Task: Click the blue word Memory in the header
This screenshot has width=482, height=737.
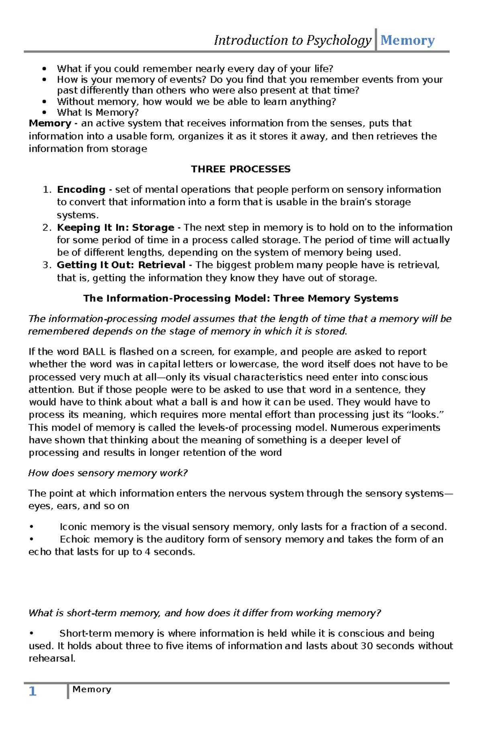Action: click(407, 40)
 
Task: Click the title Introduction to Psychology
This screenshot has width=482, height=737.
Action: click(292, 40)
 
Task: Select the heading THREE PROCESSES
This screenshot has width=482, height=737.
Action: click(241, 169)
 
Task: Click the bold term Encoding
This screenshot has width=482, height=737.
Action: click(81, 190)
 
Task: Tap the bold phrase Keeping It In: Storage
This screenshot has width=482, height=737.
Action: click(115, 228)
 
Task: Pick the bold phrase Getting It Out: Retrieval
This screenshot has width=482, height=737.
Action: click(121, 265)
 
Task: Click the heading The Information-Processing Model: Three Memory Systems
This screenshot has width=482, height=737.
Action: click(241, 298)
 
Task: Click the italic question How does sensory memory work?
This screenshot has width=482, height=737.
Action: click(108, 473)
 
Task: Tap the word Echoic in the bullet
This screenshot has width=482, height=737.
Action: click(75, 539)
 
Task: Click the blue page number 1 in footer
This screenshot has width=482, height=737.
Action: click(33, 691)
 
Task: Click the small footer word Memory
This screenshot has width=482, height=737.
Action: click(92, 689)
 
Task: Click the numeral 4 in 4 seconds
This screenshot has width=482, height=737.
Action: click(147, 552)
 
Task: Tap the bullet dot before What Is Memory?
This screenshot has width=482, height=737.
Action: click(45, 113)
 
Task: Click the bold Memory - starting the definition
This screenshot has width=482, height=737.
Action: click(52, 123)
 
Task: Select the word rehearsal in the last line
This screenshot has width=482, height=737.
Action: click(52, 658)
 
